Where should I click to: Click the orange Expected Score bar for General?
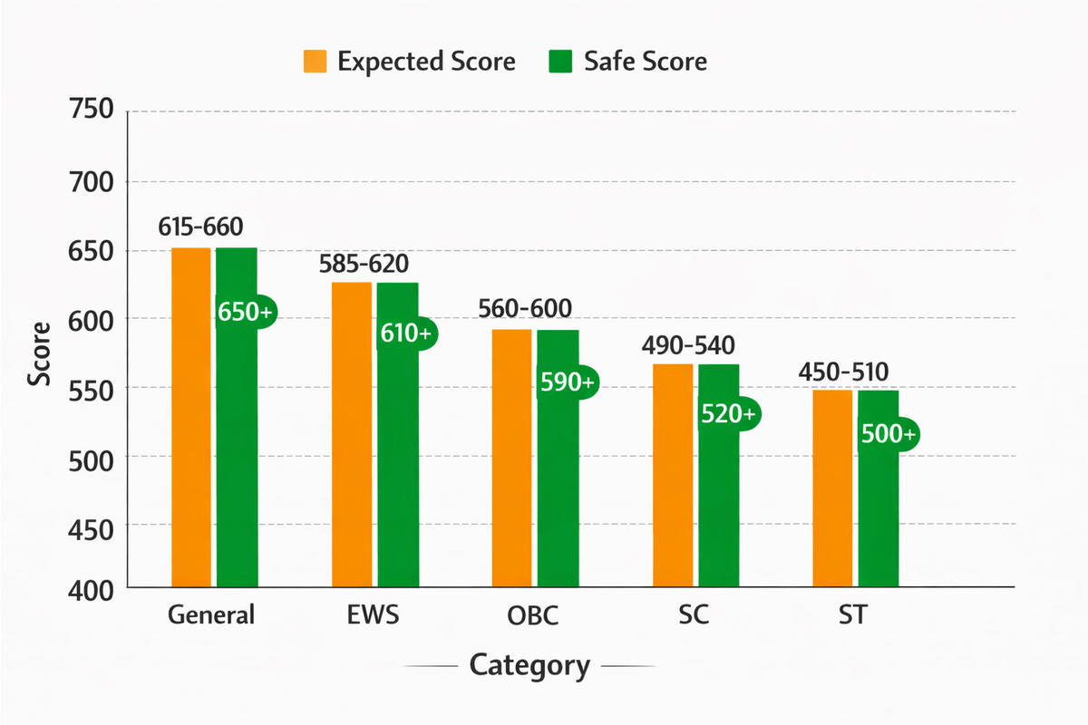(191, 417)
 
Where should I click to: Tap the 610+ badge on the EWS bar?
(406, 333)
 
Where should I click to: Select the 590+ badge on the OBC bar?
(567, 382)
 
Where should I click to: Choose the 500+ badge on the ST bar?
(888, 434)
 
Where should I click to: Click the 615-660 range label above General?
(200, 227)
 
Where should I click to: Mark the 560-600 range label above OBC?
(527, 308)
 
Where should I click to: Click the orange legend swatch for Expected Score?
(315, 62)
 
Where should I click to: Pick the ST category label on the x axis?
(852, 615)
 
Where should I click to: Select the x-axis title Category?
(529, 666)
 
